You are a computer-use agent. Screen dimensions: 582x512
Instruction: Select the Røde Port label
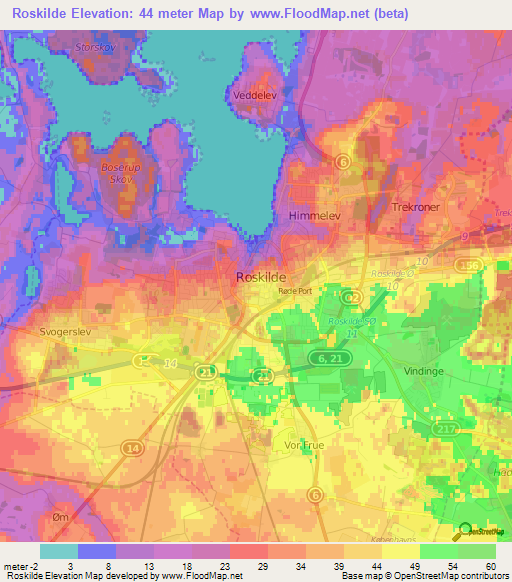(x=296, y=290)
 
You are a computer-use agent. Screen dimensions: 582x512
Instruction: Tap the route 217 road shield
(x=445, y=428)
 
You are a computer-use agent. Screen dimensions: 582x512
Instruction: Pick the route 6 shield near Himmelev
(x=343, y=161)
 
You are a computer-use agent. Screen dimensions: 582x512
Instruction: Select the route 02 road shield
(x=351, y=297)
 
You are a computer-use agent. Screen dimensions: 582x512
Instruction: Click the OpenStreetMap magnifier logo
(x=464, y=532)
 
